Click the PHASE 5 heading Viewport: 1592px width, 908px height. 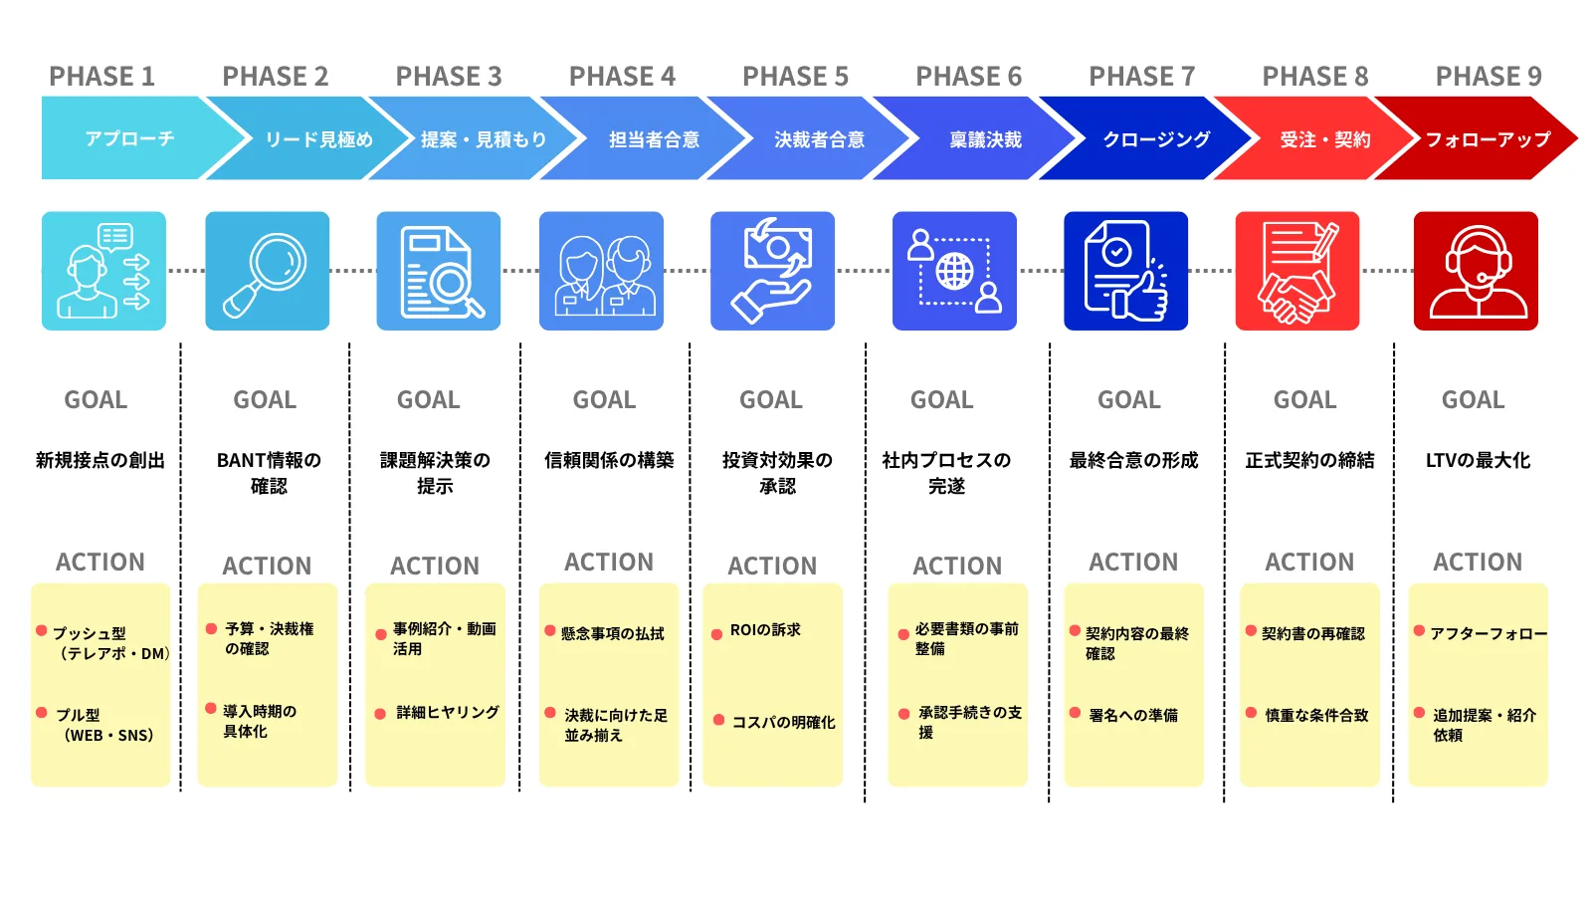(795, 76)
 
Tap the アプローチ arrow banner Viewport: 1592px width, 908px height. (135, 138)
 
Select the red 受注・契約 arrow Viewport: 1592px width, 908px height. (1314, 138)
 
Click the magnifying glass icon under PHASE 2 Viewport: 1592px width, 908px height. (268, 271)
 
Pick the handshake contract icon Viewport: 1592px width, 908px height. (1297, 271)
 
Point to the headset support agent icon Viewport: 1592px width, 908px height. (1476, 271)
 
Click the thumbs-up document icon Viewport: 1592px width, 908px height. (1125, 271)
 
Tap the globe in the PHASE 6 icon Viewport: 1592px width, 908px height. (954, 271)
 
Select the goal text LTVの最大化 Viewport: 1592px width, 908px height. (1478, 460)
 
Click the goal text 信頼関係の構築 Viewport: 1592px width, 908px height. (609, 460)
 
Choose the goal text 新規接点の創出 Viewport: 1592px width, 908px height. (100, 460)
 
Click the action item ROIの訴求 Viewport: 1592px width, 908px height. (765, 630)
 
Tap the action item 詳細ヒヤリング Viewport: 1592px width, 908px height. (448, 712)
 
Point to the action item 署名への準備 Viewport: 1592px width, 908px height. (1133, 715)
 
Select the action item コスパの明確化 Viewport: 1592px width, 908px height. (783, 722)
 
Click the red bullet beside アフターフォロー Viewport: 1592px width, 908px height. (1419, 630)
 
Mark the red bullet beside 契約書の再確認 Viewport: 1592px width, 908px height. (1251, 630)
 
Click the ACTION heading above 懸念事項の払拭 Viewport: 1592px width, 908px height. (609, 562)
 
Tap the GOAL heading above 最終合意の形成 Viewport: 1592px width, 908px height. (1129, 399)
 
